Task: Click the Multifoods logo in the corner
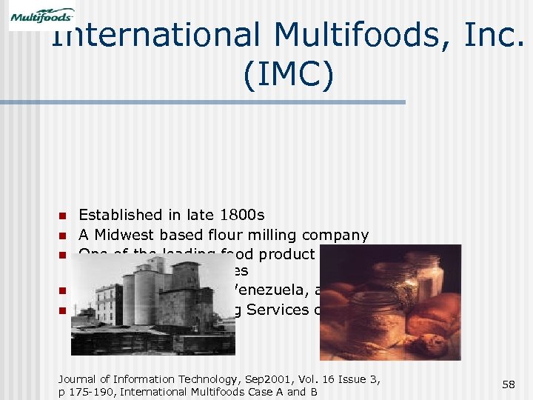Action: coord(41,16)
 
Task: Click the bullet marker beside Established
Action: coord(63,216)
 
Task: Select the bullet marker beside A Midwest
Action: coord(63,236)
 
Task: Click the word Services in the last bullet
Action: coord(278,310)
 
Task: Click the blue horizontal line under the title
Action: coord(222,102)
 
